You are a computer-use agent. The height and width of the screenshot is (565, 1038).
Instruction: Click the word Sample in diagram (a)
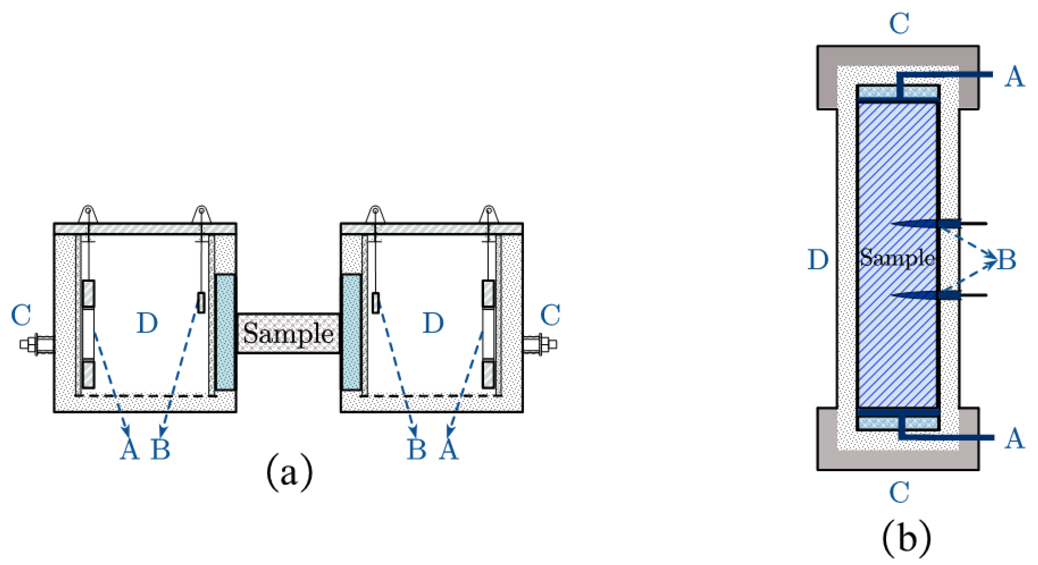pyautogui.click(x=288, y=333)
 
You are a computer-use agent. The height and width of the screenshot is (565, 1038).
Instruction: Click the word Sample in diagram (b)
pyautogui.click(x=897, y=257)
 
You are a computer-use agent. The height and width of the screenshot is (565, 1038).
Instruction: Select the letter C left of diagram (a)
pyautogui.click(x=21, y=315)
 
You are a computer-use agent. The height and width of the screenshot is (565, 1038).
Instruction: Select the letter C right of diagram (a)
pyautogui.click(x=550, y=315)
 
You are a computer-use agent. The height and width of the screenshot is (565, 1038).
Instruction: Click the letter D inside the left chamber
pyautogui.click(x=147, y=323)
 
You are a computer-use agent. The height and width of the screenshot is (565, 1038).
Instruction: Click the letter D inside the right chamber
pyautogui.click(x=433, y=323)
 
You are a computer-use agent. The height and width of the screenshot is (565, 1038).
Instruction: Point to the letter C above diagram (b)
pyautogui.click(x=899, y=24)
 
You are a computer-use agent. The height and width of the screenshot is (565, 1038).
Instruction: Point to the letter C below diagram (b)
pyautogui.click(x=899, y=492)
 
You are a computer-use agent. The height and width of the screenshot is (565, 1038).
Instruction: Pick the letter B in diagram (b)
pyautogui.click(x=1006, y=260)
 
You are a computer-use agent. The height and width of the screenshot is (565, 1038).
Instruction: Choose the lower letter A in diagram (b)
pyautogui.click(x=1014, y=438)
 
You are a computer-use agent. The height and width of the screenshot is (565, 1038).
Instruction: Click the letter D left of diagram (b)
pyautogui.click(x=818, y=260)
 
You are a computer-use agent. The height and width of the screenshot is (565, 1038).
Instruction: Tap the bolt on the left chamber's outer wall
pyautogui.click(x=36, y=345)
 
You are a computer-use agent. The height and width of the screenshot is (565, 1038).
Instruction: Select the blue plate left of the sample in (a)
pyautogui.click(x=225, y=332)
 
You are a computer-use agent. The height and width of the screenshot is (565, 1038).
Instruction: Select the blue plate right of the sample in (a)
pyautogui.click(x=351, y=332)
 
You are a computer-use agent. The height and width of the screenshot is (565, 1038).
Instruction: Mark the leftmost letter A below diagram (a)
pyautogui.click(x=130, y=450)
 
